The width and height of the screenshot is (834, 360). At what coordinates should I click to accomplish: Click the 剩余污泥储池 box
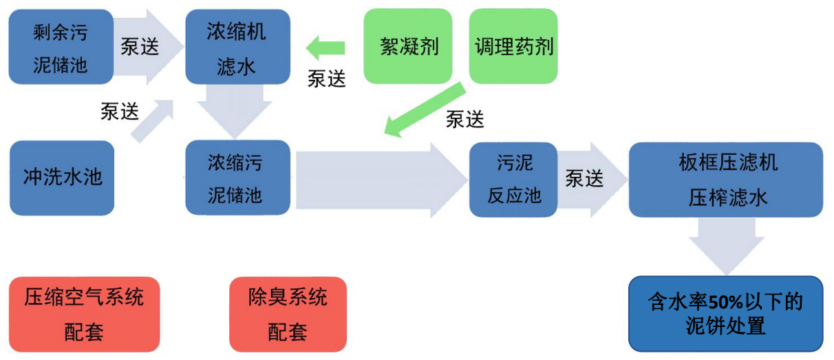[x=61, y=47]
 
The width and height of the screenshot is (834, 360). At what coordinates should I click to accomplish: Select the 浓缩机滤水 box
[x=237, y=47]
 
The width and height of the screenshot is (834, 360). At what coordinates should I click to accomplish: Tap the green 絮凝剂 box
[x=409, y=46]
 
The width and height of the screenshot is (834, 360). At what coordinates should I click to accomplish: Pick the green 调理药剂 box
[x=513, y=46]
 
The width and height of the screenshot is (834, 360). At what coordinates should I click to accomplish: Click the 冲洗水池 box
[x=62, y=178]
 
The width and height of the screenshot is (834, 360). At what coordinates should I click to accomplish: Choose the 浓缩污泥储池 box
[x=237, y=178]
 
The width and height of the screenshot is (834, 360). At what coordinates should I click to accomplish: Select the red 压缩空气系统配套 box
[x=84, y=315]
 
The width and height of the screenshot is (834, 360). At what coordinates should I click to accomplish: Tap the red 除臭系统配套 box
[x=288, y=315]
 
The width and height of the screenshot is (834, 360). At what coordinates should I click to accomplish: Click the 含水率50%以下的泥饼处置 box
[x=726, y=315]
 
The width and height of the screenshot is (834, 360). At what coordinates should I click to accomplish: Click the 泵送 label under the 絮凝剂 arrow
[x=326, y=79]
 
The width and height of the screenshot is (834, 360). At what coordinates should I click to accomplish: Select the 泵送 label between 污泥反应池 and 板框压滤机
[x=584, y=179]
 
